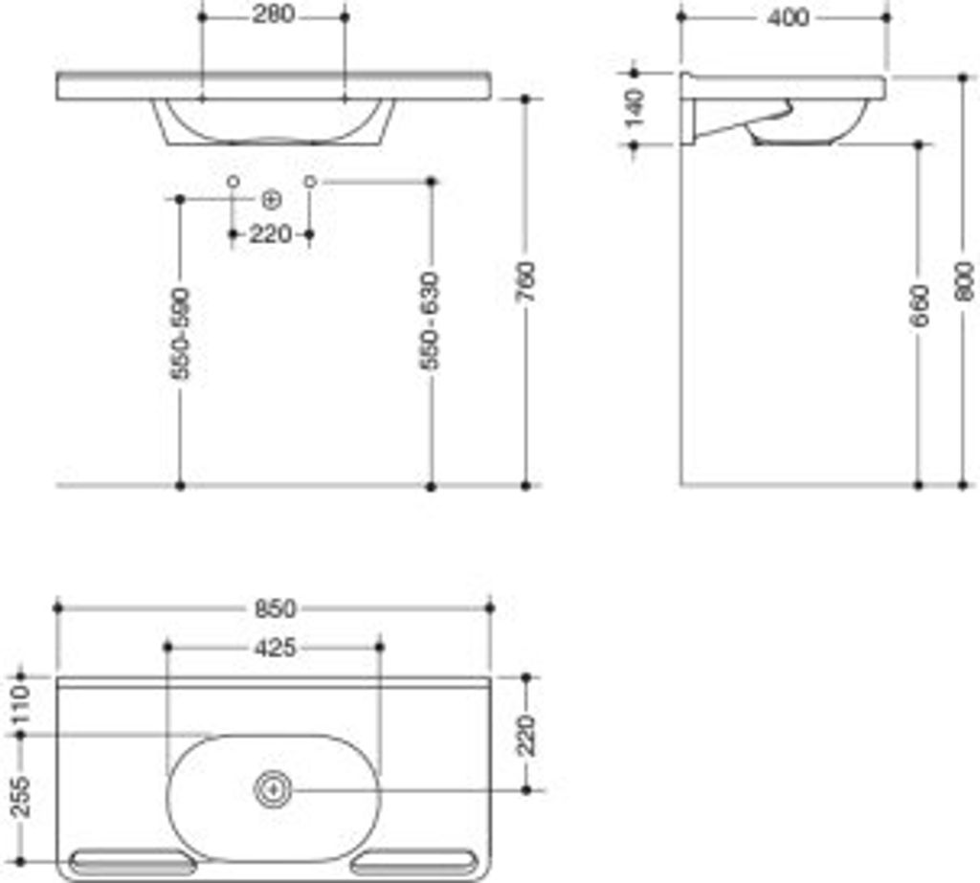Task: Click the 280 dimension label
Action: pos(273,14)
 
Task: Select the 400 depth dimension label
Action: pos(789,17)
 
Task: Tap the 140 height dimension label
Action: pos(635,108)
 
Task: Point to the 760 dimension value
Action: pos(526,282)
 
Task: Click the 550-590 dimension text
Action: pos(181,333)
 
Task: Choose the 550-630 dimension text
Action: pos(430,320)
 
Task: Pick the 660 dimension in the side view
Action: pos(920,305)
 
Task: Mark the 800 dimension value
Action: pos(965,282)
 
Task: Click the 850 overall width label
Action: pos(275,608)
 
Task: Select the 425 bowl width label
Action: pos(275,648)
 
